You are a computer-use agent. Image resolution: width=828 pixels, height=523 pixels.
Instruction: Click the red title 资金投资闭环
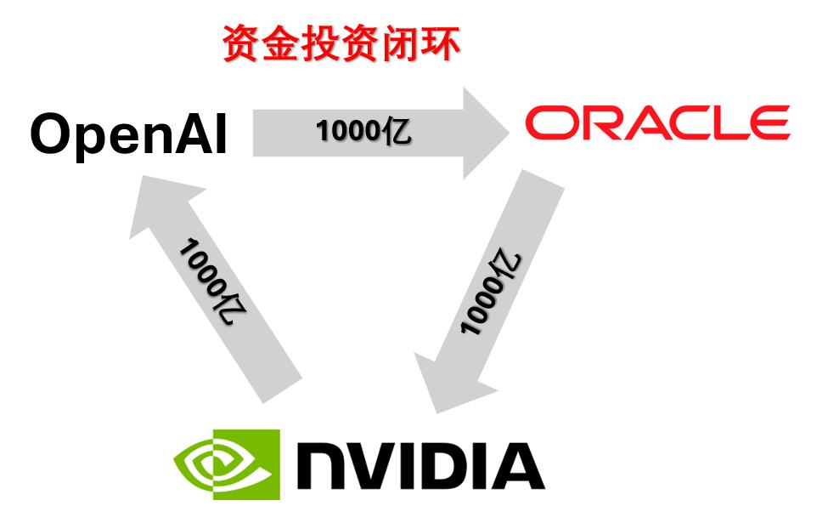pyautogui.click(x=341, y=45)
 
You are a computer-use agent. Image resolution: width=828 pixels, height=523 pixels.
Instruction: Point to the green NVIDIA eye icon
pyautogui.click(x=226, y=464)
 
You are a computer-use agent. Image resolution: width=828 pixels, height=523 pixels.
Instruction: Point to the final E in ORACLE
pyautogui.click(x=769, y=124)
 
